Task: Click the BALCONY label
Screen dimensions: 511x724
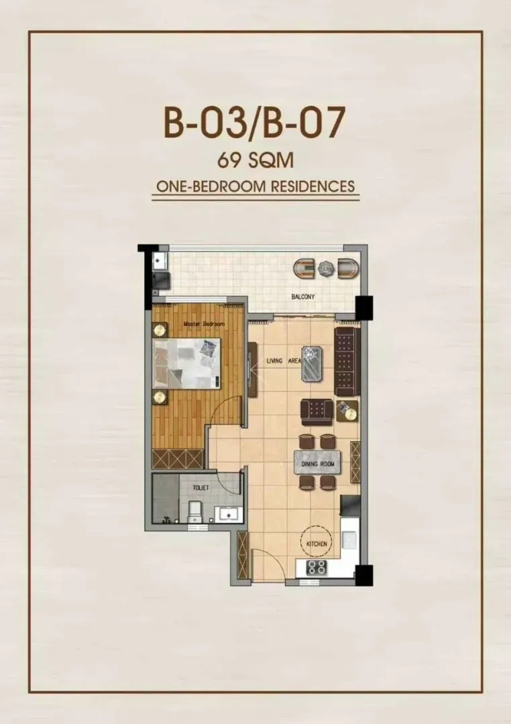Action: click(x=302, y=296)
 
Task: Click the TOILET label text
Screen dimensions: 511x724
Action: click(x=201, y=487)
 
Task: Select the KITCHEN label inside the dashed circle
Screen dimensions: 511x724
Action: click(x=317, y=544)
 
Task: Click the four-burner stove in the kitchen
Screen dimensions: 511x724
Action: click(x=317, y=568)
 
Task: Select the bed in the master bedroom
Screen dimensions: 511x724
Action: click(x=186, y=363)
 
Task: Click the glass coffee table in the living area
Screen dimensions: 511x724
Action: click(x=312, y=363)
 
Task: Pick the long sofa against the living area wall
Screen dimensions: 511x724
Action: click(x=347, y=361)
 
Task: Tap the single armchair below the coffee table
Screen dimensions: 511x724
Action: click(x=317, y=412)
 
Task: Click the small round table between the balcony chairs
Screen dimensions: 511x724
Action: click(x=326, y=268)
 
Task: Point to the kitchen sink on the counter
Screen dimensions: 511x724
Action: click(x=349, y=539)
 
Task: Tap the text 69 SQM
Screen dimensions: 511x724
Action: click(x=255, y=160)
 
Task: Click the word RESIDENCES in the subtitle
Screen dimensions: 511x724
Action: click(x=313, y=186)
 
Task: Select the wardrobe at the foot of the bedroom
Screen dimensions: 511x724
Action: click(x=178, y=459)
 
